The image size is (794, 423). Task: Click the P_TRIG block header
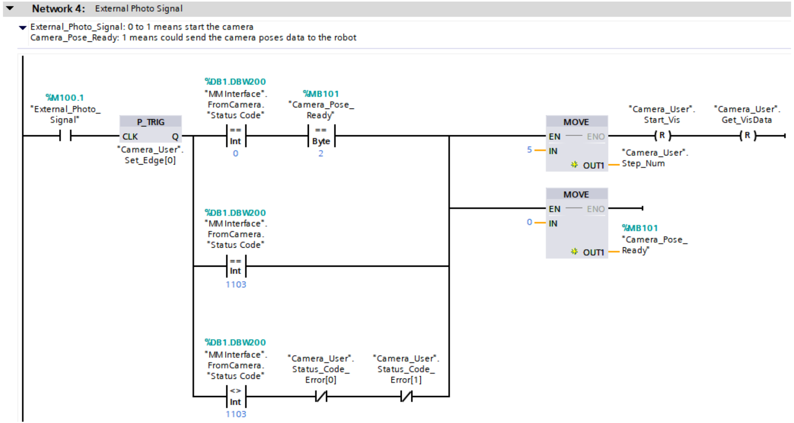coord(150,122)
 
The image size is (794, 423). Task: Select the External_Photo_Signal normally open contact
coord(65,136)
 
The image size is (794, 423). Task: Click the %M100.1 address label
coord(65,97)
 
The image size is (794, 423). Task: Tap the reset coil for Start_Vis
coord(662,136)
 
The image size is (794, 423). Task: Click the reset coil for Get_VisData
coord(748,136)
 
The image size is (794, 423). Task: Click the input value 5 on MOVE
coord(529,150)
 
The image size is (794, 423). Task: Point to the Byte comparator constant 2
coord(321,153)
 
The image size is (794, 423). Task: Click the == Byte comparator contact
coord(321,136)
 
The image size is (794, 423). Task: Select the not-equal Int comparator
coord(236,396)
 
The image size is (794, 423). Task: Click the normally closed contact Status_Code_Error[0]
coord(321,396)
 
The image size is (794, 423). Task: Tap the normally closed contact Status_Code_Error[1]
coord(406,396)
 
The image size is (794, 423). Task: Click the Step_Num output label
coord(643,163)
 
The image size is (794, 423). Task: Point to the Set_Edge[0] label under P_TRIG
coord(150,160)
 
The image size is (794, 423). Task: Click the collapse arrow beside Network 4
coord(10,8)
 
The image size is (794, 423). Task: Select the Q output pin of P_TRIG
coord(175,137)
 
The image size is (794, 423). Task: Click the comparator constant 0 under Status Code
coord(235,153)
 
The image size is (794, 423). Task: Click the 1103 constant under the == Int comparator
coord(236,285)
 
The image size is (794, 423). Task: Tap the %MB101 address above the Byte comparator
coord(321,94)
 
